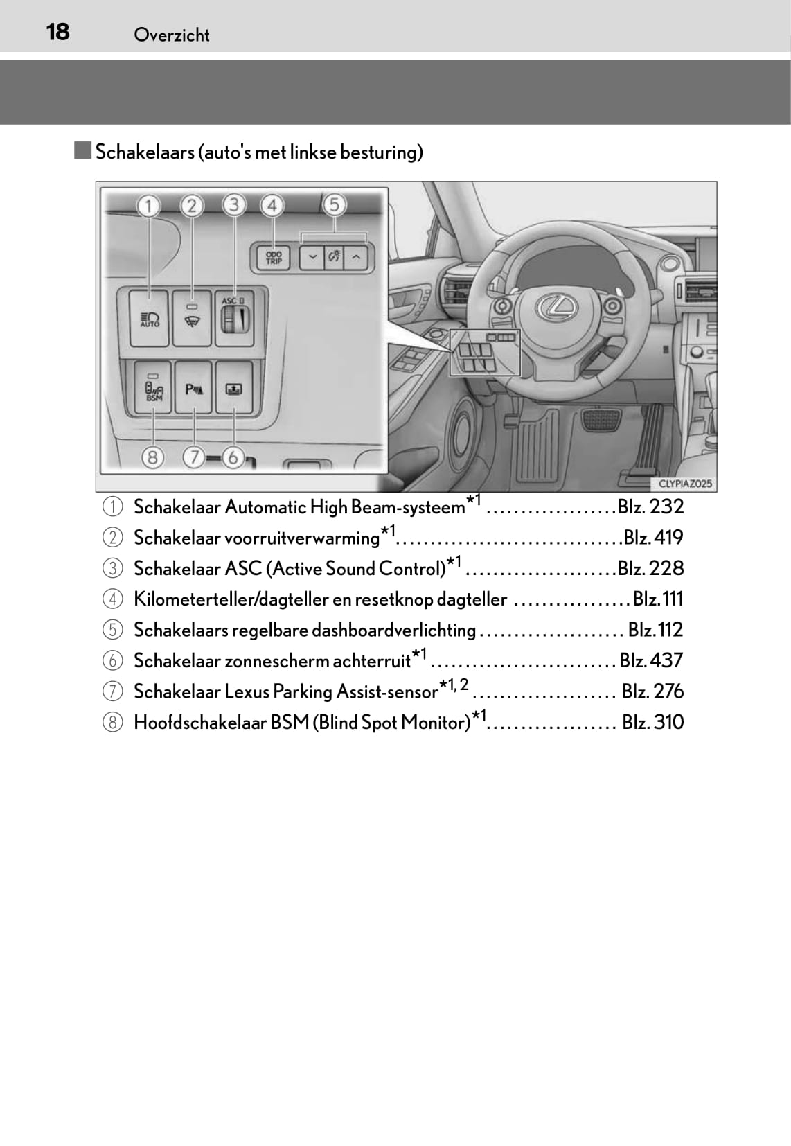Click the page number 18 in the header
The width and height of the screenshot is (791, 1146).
tap(57, 33)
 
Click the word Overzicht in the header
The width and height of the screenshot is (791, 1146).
tap(171, 35)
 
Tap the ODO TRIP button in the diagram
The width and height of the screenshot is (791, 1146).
tap(274, 257)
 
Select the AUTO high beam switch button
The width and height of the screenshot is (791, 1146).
tap(149, 318)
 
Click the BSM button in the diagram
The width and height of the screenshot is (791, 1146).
tap(153, 387)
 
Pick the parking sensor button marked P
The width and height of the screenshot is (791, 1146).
tap(193, 387)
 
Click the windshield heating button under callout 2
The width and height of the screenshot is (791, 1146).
tap(192, 318)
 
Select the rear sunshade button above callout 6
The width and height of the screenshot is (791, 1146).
tap(234, 387)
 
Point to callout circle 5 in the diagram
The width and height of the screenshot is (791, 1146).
tap(334, 204)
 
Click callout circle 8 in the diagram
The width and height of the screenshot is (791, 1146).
tap(152, 457)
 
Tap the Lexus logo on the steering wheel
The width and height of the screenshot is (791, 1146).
tap(557, 306)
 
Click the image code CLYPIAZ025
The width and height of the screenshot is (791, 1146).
tap(685, 484)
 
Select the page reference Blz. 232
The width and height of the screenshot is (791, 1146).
tap(650, 506)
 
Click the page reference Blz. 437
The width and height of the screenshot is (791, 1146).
tap(651, 660)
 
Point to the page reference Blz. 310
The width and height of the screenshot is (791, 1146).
tap(653, 722)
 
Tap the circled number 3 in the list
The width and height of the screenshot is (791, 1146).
tap(112, 568)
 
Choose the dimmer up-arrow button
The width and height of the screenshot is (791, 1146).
tap(356, 257)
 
